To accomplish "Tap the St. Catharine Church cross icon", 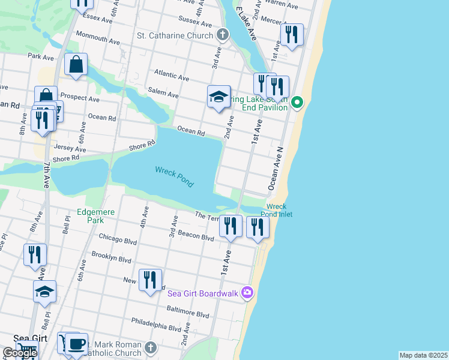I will click(223, 35).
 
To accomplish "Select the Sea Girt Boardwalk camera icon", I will click(247, 293).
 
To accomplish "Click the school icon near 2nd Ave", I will click(219, 97).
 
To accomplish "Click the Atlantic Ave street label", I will click(171, 76).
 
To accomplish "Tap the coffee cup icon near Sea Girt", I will click(76, 344).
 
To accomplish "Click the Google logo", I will click(19, 353).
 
